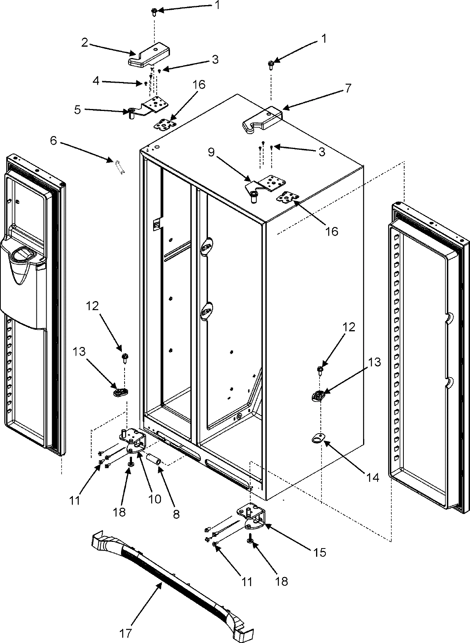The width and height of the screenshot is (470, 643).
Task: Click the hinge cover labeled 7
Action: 262,119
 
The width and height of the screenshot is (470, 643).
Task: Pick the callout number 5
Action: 78,110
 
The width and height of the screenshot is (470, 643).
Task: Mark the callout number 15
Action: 320,553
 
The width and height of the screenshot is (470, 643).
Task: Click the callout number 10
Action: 154,499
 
